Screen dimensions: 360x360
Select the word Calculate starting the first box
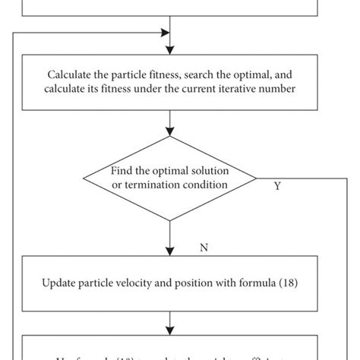pyautogui.click(x=69, y=74)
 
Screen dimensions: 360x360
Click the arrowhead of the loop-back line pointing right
pyautogui.click(x=166, y=33)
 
